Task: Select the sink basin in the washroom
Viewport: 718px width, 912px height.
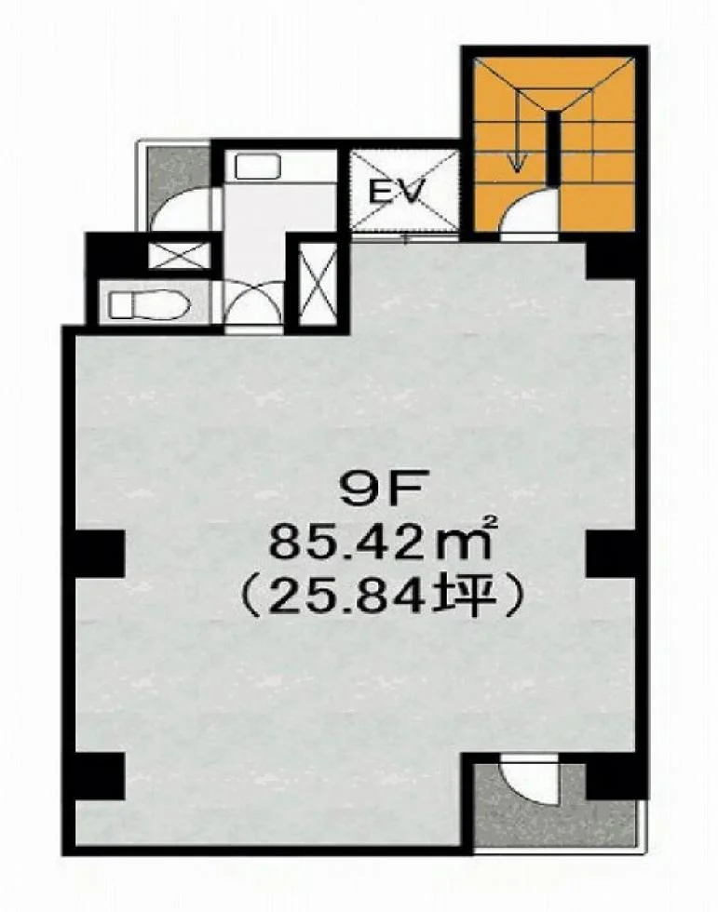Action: tap(258, 167)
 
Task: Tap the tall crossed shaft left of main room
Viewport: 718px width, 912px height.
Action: tap(318, 284)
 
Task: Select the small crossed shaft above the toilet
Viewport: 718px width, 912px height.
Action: tap(179, 256)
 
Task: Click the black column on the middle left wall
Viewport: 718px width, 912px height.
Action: tap(100, 553)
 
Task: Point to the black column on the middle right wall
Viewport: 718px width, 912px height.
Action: tap(610, 553)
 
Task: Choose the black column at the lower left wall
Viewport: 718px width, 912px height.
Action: tap(100, 776)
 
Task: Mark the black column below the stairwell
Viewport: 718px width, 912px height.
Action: tap(610, 260)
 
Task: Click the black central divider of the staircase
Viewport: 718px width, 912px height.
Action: tap(552, 148)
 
